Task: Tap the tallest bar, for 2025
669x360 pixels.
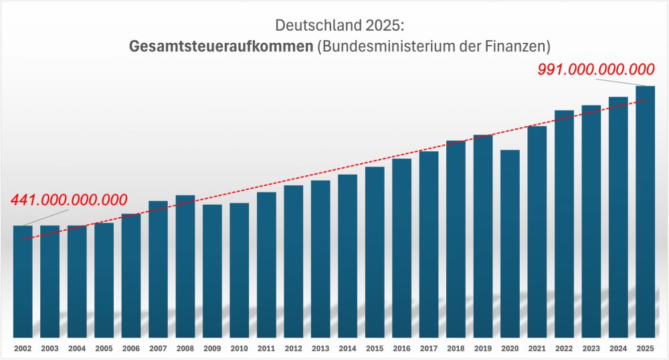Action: click(646, 211)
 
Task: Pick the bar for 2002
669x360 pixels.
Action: click(23, 281)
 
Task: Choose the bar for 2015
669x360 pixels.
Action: click(375, 251)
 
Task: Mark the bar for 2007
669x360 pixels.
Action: click(158, 268)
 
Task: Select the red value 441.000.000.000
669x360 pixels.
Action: click(69, 199)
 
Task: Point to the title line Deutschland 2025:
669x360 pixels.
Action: click(340, 26)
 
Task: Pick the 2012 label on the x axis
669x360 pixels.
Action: click(294, 349)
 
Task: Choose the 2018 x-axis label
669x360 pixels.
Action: click(456, 349)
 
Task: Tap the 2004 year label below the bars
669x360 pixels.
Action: click(77, 349)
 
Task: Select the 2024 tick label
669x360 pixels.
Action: click(618, 349)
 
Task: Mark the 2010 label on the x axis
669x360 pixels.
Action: click(240, 349)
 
